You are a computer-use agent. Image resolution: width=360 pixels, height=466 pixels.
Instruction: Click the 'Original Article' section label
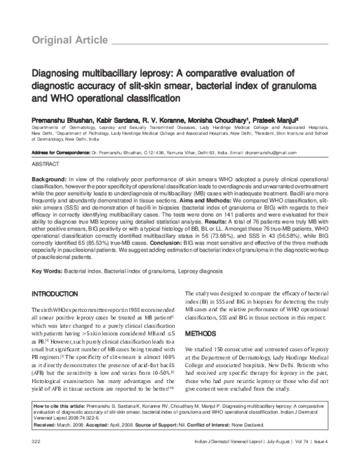point(65,40)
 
